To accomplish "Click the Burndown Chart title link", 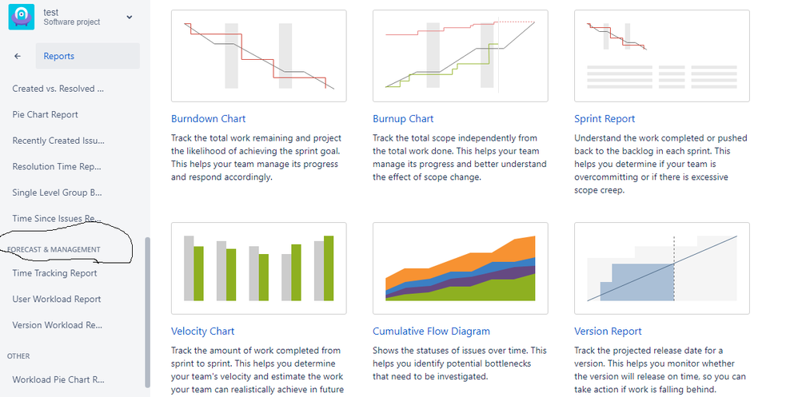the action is [x=208, y=119].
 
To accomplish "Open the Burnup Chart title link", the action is [x=403, y=119].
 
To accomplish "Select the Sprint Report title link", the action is [x=604, y=119].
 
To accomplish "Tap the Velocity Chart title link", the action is [x=202, y=331].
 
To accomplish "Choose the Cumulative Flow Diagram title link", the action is [x=431, y=331].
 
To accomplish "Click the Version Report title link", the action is [x=608, y=331].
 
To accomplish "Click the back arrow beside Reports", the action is [x=18, y=56].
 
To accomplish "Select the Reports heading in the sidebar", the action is [x=59, y=56].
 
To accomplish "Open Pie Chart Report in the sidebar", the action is [x=46, y=114].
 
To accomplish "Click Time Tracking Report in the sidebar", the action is [x=54, y=273].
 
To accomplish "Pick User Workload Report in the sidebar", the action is [x=57, y=299].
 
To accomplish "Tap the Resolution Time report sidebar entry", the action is [x=57, y=166].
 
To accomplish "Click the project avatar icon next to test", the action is [x=22, y=17].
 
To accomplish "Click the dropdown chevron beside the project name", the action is [x=130, y=18].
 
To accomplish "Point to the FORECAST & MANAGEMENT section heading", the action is [x=54, y=249].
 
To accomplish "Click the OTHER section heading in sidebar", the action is [x=18, y=356].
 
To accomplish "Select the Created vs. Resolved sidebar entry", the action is [x=58, y=89].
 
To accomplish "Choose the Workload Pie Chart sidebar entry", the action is [x=58, y=379].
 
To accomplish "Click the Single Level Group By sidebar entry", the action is [x=58, y=193].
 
